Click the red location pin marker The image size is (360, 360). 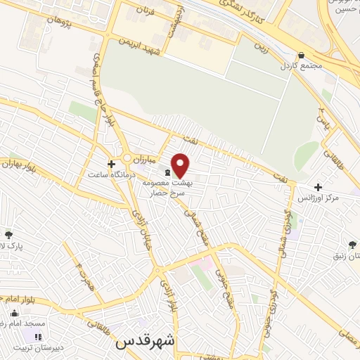click(x=181, y=166)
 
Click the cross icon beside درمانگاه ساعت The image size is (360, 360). click(x=110, y=163)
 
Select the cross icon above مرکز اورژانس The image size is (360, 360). click(x=319, y=188)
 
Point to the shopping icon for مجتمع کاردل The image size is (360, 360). click(x=301, y=55)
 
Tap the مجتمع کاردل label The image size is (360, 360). click(x=301, y=65)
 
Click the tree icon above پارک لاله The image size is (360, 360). click(x=8, y=235)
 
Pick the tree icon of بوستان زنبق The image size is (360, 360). click(x=352, y=245)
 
